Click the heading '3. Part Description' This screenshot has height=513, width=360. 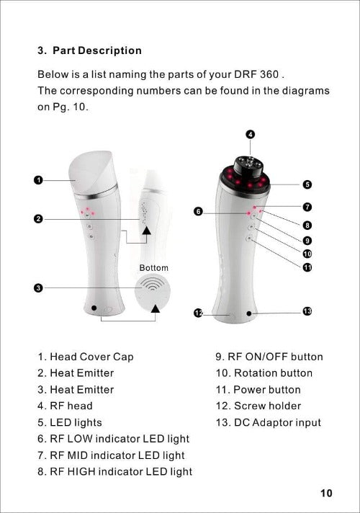[x=89, y=50]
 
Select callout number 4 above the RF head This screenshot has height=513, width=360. [x=250, y=135]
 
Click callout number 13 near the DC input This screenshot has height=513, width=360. [x=307, y=311]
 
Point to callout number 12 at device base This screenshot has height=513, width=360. [x=198, y=313]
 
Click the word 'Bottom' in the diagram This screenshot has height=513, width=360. [x=153, y=268]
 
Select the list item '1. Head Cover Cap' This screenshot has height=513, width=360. [x=86, y=357]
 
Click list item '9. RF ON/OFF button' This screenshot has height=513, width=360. [x=269, y=357]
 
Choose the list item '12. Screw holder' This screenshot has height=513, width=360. [x=258, y=406]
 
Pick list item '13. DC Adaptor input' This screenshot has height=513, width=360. [x=269, y=422]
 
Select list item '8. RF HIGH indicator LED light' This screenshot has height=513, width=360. [x=115, y=471]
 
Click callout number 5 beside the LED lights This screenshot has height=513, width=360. [x=307, y=184]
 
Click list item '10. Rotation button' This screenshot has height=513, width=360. [x=264, y=373]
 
